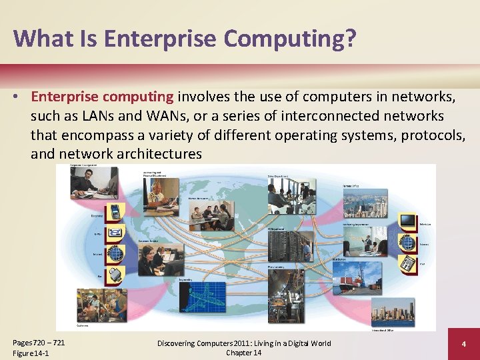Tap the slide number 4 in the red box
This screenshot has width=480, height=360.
[x=463, y=344]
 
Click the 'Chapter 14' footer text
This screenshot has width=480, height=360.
[x=243, y=353]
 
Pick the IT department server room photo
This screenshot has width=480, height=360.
[x=291, y=246]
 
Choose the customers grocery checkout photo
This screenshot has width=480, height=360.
[x=100, y=305]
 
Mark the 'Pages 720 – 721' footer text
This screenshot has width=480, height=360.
[x=39, y=343]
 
